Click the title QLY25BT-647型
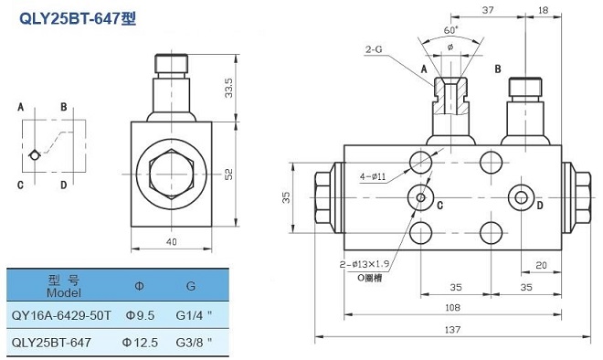pyautogui.click(x=78, y=18)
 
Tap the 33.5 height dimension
pyautogui.click(x=228, y=88)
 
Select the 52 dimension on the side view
pyautogui.click(x=228, y=175)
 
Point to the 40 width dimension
pyautogui.click(x=172, y=241)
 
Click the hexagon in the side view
pyautogui.click(x=172, y=175)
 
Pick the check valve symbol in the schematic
pyautogui.click(x=35, y=154)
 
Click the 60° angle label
pyautogui.click(x=451, y=30)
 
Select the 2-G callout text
pyautogui.click(x=374, y=49)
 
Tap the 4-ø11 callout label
pyautogui.click(x=373, y=177)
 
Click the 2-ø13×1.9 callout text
pyautogui.click(x=365, y=264)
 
